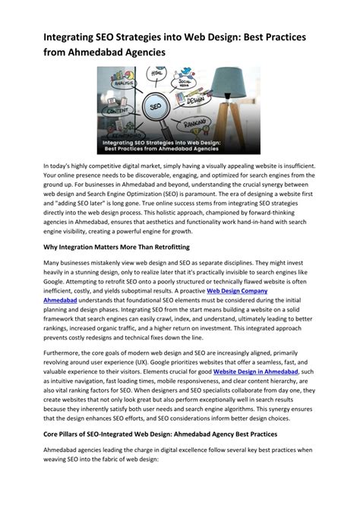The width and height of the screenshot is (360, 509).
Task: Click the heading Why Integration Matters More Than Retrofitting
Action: click(x=116, y=248)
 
